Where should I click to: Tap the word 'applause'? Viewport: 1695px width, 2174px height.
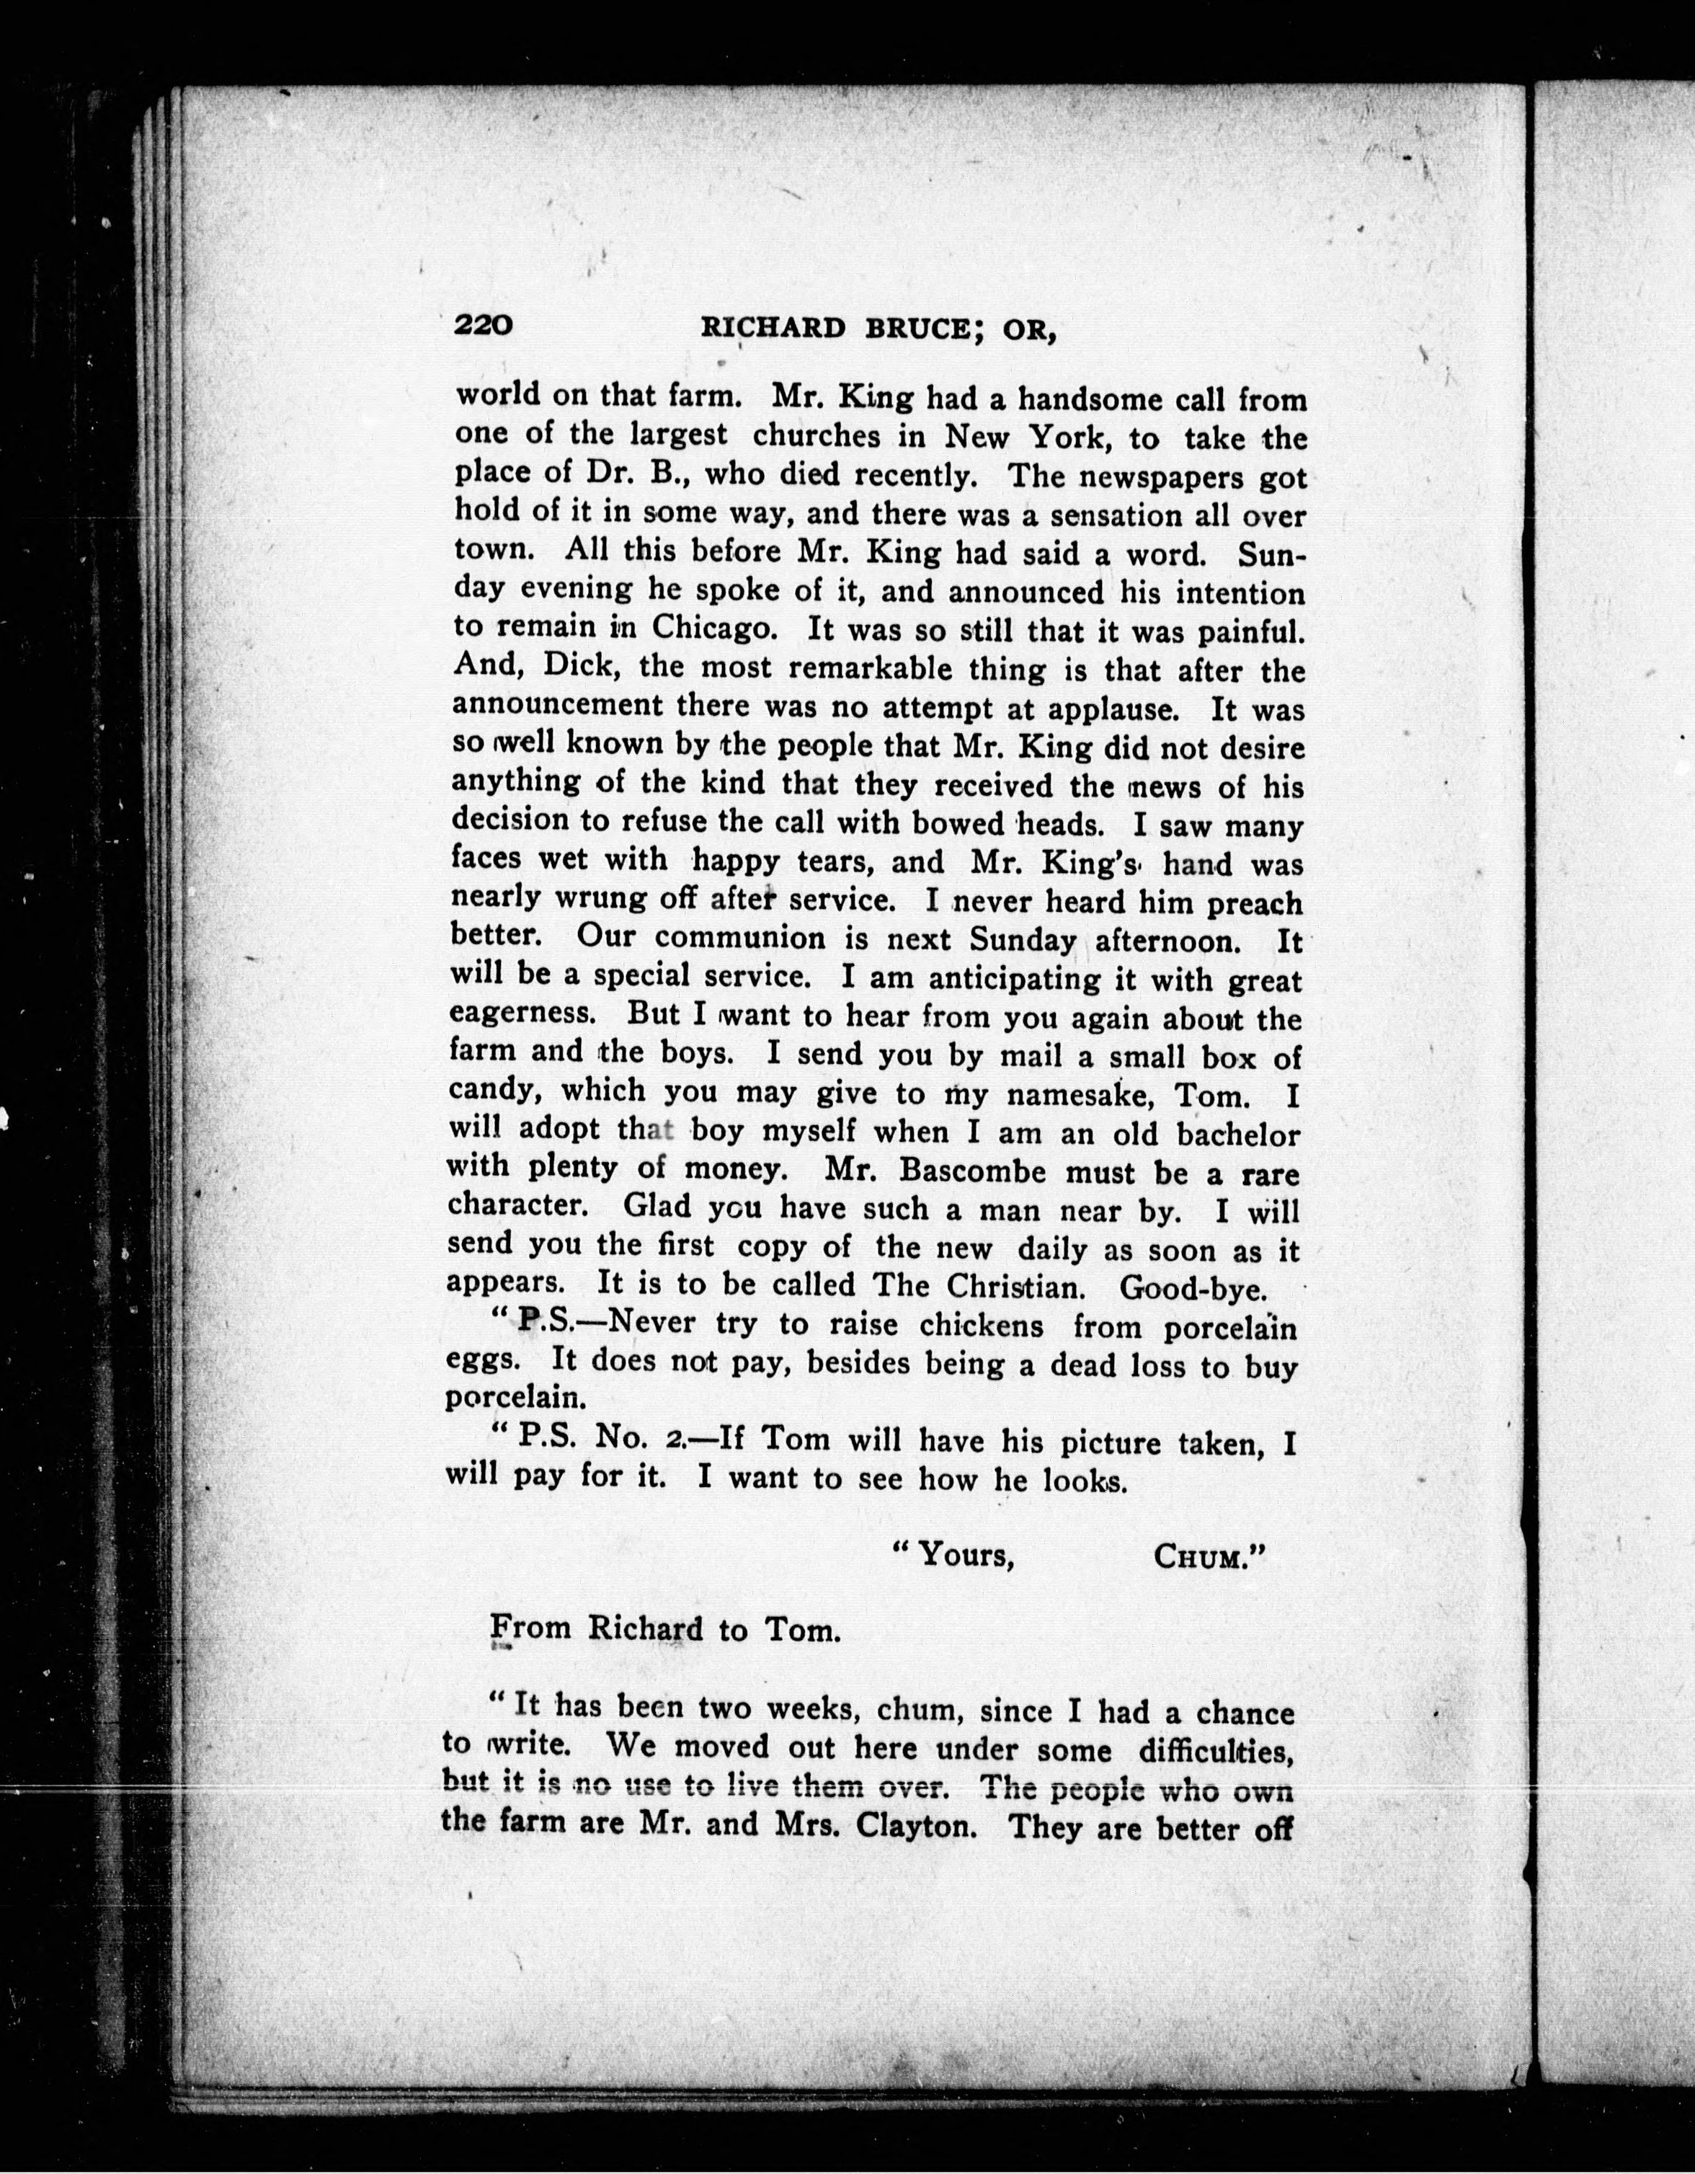1112,709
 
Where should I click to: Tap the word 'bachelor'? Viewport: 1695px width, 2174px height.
1238,1134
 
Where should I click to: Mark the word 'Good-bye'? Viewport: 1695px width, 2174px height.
1193,1288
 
